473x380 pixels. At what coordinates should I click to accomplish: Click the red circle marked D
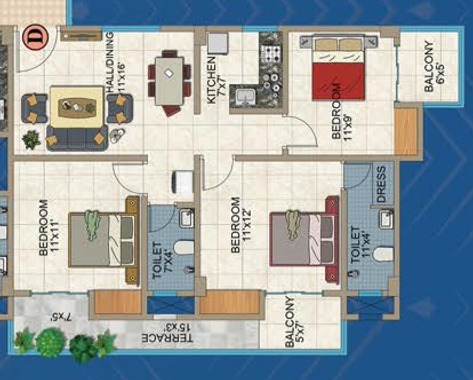click(35, 37)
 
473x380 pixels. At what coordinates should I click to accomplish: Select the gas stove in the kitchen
click(271, 53)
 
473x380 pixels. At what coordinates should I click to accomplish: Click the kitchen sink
click(246, 96)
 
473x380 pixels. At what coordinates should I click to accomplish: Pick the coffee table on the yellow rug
click(77, 107)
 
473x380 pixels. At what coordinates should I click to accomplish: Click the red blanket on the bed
click(338, 81)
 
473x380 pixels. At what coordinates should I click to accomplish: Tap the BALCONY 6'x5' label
click(434, 66)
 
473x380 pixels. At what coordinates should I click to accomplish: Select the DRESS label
click(381, 184)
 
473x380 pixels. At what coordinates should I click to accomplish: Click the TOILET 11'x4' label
click(360, 245)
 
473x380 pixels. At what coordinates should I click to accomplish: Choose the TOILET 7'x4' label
click(162, 260)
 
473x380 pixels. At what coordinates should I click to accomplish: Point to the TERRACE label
click(167, 333)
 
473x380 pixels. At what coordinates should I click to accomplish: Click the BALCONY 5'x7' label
click(294, 322)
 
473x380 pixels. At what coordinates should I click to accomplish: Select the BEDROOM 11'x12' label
click(240, 225)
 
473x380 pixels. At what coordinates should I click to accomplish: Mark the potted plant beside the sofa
click(31, 140)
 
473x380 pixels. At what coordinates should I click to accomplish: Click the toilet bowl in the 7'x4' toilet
click(184, 248)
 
